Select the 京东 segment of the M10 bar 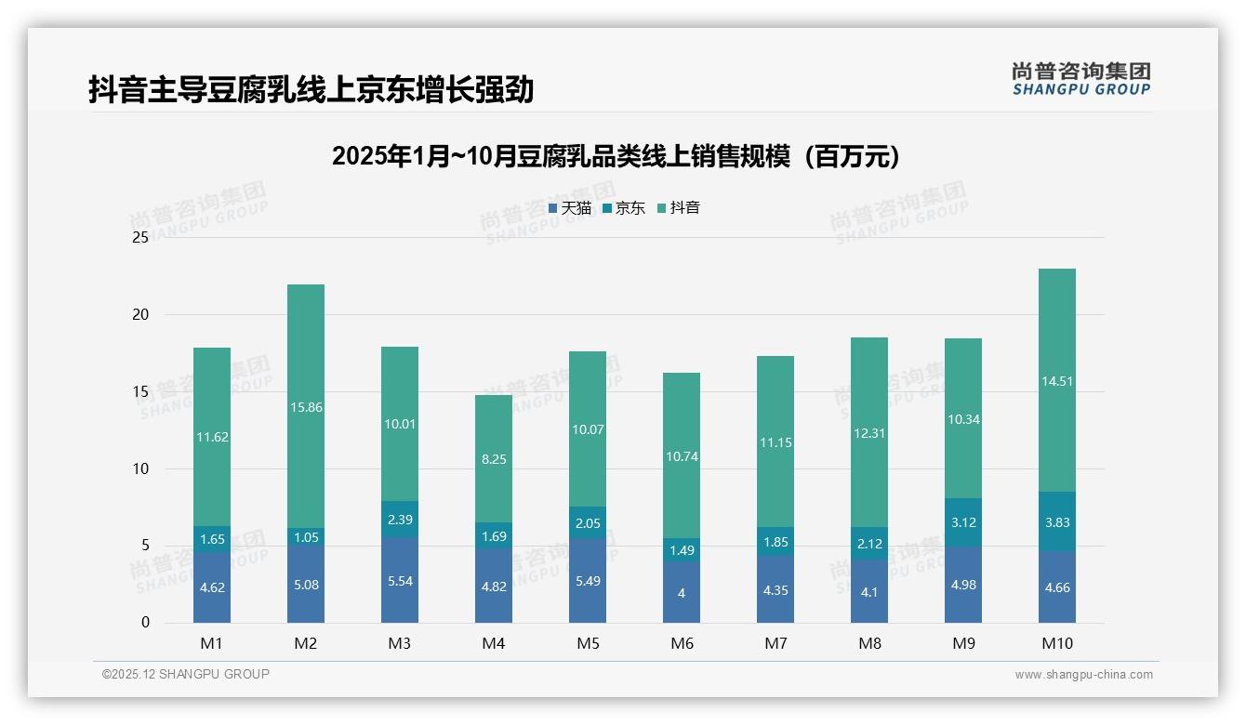(1056, 521)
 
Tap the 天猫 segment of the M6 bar (682, 592)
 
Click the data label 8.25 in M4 (494, 459)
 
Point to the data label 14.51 (1056, 381)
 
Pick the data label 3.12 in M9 (962, 522)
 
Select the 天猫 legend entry (570, 208)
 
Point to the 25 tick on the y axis (140, 238)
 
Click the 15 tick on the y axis (140, 392)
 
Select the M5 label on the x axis (588, 643)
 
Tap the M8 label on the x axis (869, 643)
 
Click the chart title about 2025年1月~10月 (615, 157)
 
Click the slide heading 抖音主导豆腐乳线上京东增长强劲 (311, 90)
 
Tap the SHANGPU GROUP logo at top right (1080, 79)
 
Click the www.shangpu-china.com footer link (1083, 675)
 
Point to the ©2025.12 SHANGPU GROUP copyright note (186, 675)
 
